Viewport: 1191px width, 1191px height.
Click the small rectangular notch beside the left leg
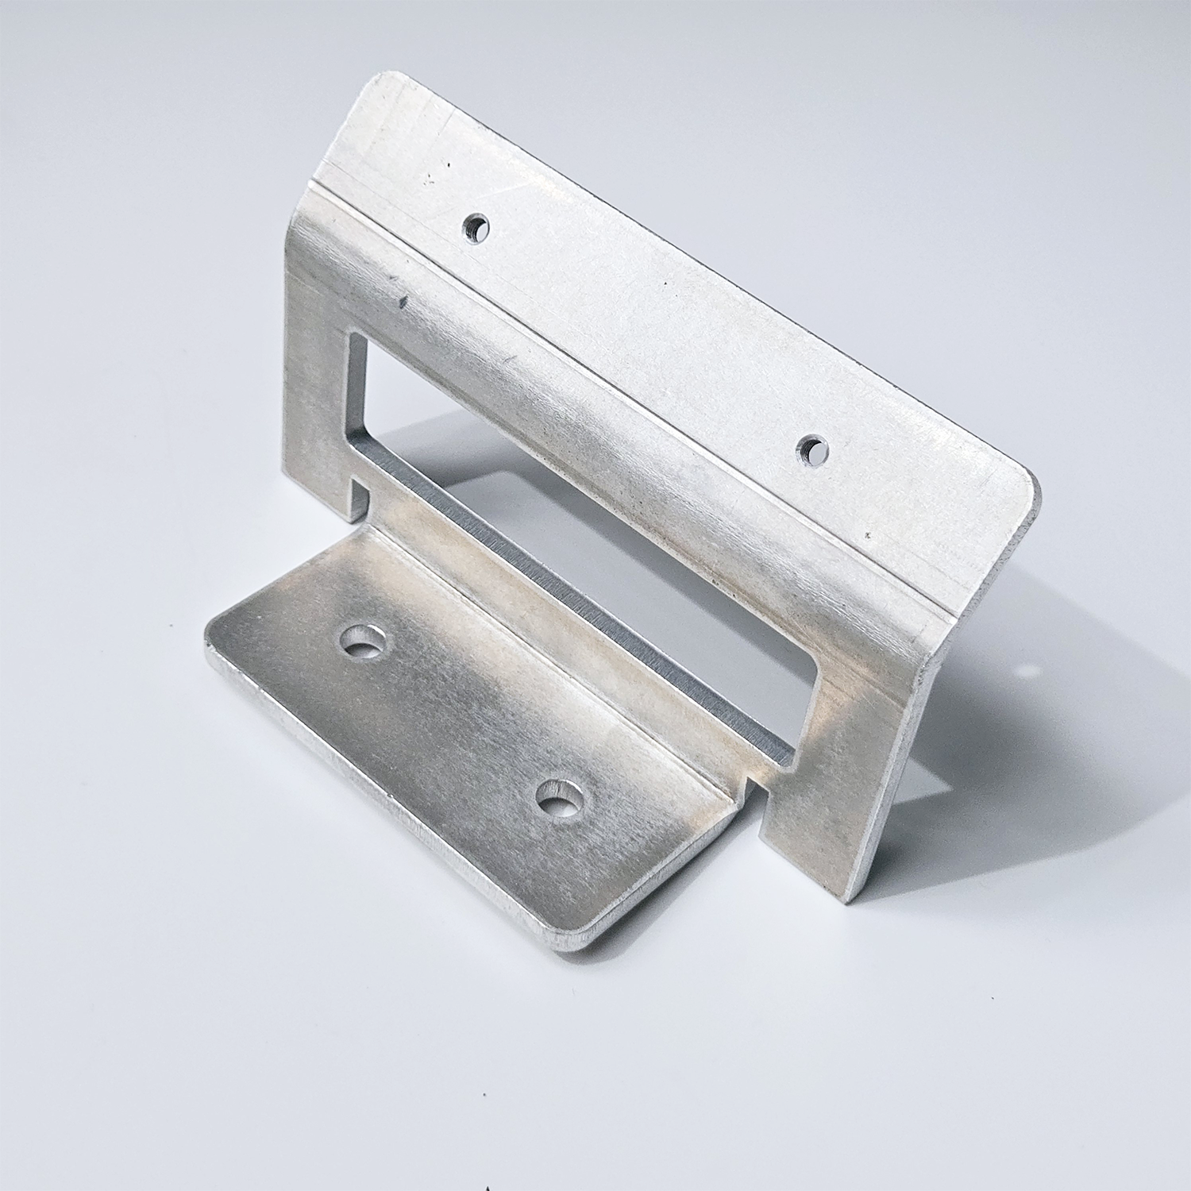(x=360, y=497)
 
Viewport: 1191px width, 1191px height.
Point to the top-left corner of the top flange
(x=380, y=79)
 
